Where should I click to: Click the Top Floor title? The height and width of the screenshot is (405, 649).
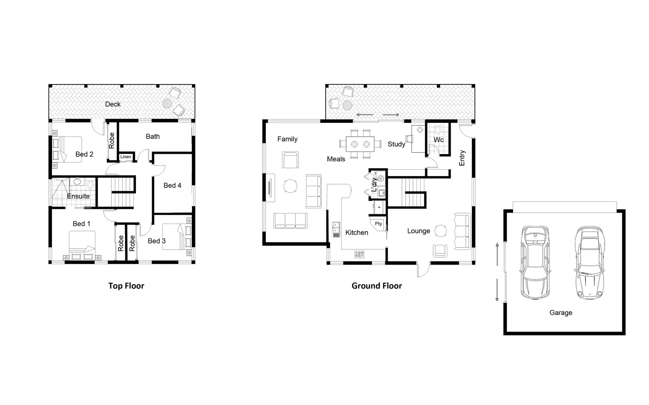coord(126,286)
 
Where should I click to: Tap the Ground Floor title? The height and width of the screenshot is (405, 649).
coord(376,286)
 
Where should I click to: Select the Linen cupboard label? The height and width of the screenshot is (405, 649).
coord(126,157)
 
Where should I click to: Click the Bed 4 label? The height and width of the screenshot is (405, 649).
coord(172,185)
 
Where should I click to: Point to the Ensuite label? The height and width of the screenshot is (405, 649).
coord(78,196)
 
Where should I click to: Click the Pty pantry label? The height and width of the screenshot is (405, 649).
coord(378,224)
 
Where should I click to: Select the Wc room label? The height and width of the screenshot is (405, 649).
coord(438,140)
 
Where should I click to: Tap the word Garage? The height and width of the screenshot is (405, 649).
coord(561,312)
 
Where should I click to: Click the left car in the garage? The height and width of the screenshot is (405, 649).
coord(535,263)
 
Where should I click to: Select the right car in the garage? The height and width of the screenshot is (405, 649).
coord(589,263)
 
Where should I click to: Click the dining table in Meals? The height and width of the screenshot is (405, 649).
coord(360,144)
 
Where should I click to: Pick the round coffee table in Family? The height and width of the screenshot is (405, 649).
coord(290,186)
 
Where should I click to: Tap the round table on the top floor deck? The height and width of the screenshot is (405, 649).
coord(167,103)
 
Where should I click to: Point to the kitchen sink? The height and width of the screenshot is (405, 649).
coord(336,229)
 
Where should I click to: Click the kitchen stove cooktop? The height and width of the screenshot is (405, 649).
coord(359,254)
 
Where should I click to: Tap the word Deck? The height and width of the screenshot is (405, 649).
coord(113,104)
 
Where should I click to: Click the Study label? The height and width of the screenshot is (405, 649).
coord(396,144)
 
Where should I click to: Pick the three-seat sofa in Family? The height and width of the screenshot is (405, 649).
coord(290,220)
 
